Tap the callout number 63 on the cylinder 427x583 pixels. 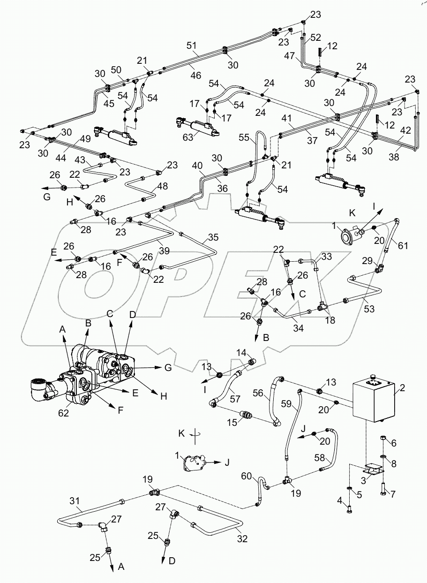187,137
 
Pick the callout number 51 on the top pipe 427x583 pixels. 191,45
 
